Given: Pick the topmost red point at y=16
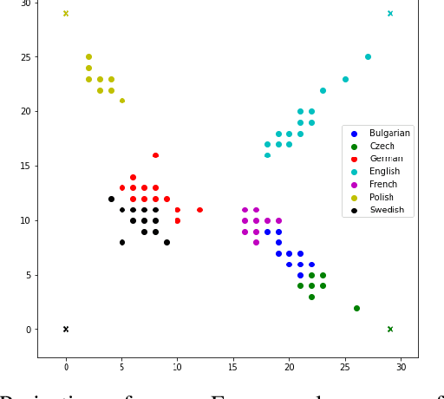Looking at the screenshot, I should tap(155, 155).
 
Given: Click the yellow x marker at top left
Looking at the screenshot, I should tap(66, 13).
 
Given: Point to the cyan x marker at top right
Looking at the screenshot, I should tap(390, 13).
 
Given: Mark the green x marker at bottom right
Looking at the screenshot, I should tap(390, 329).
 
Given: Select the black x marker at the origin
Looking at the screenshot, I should tap(66, 329).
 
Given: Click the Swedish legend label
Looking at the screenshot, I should tap(387, 210).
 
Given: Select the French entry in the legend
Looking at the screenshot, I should tap(384, 184).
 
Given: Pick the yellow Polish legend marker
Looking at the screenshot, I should tap(354, 197).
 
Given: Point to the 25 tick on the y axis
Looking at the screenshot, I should tap(25, 57).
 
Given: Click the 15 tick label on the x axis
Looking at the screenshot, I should tap(233, 368).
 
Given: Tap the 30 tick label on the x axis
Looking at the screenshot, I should tap(401, 368).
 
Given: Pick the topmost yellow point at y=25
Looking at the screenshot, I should tap(88, 57).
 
